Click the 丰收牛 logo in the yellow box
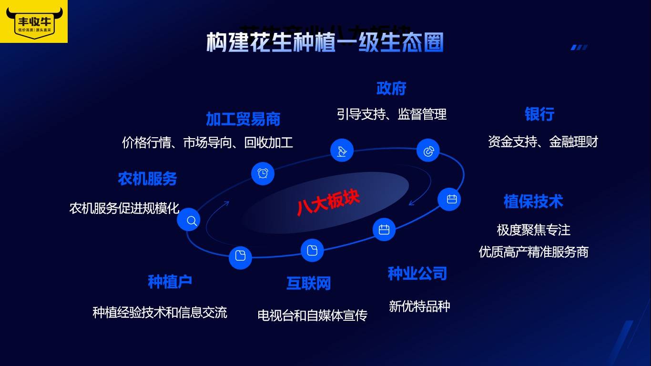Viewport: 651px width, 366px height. (34, 22)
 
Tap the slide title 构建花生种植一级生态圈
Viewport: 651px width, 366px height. (325, 43)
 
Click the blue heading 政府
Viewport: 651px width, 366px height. (391, 89)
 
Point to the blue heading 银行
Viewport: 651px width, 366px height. (539, 114)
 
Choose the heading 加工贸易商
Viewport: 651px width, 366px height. (243, 119)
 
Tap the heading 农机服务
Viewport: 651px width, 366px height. (147, 179)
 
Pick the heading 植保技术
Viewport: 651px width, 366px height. (533, 202)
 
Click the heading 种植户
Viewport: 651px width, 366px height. (170, 282)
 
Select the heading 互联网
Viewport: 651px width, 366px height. (308, 284)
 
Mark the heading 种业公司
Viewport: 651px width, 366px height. (417, 274)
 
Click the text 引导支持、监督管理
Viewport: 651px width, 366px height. (391, 114)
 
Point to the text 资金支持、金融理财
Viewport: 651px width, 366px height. (543, 142)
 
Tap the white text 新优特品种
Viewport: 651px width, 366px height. (419, 306)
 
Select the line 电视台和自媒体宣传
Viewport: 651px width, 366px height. (312, 315)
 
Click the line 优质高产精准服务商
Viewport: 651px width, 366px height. (533, 252)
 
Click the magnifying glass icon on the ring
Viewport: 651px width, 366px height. (189, 220)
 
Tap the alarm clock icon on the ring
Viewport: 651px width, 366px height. (263, 173)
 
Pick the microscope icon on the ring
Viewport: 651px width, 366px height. (342, 151)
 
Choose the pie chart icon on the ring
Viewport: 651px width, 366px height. (428, 151)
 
